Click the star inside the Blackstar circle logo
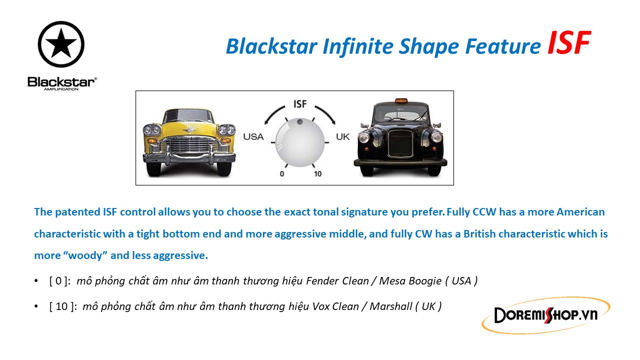click(x=61, y=43)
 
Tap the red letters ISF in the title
click(x=568, y=43)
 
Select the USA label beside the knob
click(x=253, y=137)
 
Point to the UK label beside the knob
click(x=342, y=137)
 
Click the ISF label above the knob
click(x=300, y=104)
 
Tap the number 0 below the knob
click(x=281, y=173)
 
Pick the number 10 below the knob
click(x=317, y=173)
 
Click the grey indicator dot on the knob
click(x=299, y=121)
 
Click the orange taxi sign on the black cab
click(x=401, y=100)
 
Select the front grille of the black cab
click(x=400, y=143)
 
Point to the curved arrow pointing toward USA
click(x=273, y=113)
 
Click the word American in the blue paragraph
click(x=580, y=212)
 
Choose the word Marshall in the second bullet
click(x=391, y=306)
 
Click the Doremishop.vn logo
click(x=545, y=315)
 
